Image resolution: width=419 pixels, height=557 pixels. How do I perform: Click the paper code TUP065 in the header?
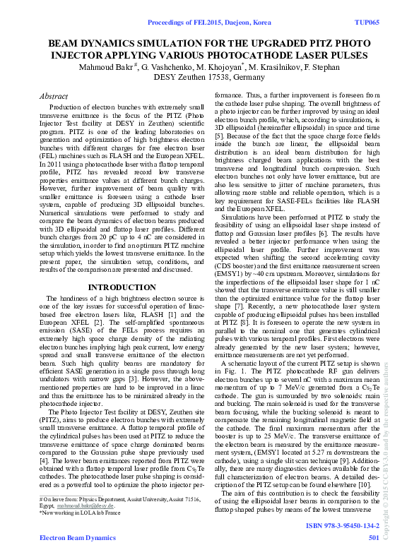366,23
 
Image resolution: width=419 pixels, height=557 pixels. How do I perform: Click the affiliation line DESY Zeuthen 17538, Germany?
210,77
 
